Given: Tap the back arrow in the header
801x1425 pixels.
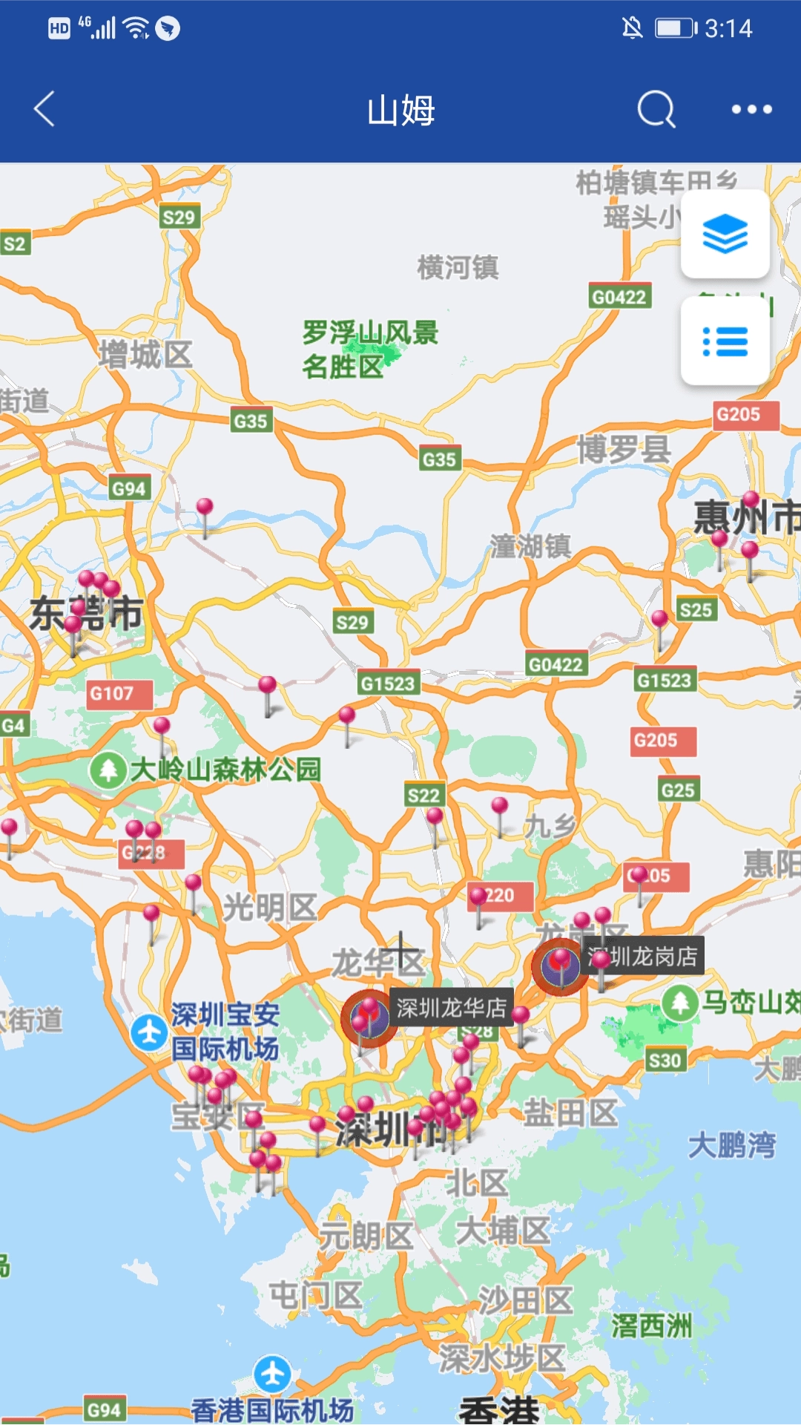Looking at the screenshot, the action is pos(45,109).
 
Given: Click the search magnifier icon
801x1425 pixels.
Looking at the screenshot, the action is pos(656,110).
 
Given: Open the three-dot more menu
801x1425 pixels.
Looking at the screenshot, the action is pos(751,110).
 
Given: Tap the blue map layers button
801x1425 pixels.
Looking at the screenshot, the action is pos(725,234).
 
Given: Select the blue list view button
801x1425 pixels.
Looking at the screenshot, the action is pos(725,341).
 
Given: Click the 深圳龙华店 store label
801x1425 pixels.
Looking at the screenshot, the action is pos(451,1007).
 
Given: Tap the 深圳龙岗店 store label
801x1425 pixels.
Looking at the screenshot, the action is pos(642,956).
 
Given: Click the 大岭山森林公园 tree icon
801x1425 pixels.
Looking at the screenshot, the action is pos(108,770).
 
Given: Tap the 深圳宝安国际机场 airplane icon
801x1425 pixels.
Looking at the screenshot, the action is pos(149,1032).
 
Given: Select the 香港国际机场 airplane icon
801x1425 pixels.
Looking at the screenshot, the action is pos(272,1373).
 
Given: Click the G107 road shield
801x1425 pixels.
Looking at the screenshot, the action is pos(112,694).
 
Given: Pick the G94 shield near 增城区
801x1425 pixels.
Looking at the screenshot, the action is pos(129,488).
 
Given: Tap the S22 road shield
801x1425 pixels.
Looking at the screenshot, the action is pos(423,796).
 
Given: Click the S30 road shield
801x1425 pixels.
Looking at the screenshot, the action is pos(665,1061).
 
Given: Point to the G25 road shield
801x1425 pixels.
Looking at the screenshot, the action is pos(678,790).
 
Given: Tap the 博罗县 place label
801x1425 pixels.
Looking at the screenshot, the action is pos(624,449).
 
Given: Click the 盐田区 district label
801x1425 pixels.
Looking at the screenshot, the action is pos(570,1113).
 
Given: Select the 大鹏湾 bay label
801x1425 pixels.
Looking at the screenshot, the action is pos(732,1145).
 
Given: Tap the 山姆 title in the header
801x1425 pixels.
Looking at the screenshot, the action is pos(400,110).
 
